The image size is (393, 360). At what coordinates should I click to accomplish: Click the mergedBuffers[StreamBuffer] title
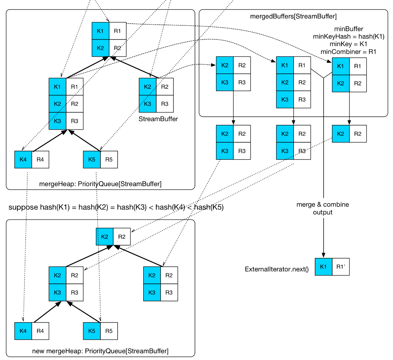tap(293, 16)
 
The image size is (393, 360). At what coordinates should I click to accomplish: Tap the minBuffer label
tap(349, 29)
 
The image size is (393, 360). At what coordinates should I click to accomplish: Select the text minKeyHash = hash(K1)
tap(349, 37)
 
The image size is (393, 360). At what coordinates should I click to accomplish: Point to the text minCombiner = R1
tap(349, 51)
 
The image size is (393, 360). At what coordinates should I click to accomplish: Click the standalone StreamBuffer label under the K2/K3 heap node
tap(158, 119)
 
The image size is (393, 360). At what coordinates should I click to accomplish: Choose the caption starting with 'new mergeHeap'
tap(100, 351)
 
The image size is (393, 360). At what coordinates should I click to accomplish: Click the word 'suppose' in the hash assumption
tap(23, 207)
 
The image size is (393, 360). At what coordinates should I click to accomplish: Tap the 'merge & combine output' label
tap(323, 208)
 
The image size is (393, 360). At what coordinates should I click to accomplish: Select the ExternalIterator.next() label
tap(277, 269)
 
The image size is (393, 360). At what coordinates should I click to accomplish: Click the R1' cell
tap(341, 267)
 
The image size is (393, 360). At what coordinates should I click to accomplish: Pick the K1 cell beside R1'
tap(323, 267)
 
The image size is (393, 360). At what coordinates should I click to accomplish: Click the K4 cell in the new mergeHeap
tap(23, 331)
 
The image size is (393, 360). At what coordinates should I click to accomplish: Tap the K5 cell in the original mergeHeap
tap(92, 160)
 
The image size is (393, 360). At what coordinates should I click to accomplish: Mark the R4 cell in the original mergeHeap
tap(40, 160)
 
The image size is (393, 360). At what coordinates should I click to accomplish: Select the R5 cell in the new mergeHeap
tap(109, 331)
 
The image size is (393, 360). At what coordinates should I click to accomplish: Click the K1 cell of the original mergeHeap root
tap(100, 31)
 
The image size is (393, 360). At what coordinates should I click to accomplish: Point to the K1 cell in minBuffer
tap(341, 66)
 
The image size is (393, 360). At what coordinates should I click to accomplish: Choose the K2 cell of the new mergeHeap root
tap(104, 237)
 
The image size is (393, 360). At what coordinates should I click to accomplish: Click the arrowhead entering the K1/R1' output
tap(323, 255)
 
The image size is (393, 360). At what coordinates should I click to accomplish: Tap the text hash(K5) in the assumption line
tap(209, 207)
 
